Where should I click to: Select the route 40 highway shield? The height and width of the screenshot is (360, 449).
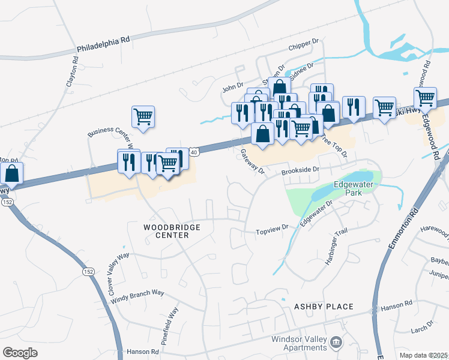192,153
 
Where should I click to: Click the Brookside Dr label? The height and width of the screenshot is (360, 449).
300,171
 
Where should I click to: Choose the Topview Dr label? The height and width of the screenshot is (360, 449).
273,230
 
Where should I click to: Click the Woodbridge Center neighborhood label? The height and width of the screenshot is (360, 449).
166,232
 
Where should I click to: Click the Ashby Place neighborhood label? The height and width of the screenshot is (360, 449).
324,307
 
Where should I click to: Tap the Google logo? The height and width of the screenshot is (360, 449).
20,353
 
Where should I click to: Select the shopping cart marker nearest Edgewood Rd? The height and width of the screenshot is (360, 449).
425,97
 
